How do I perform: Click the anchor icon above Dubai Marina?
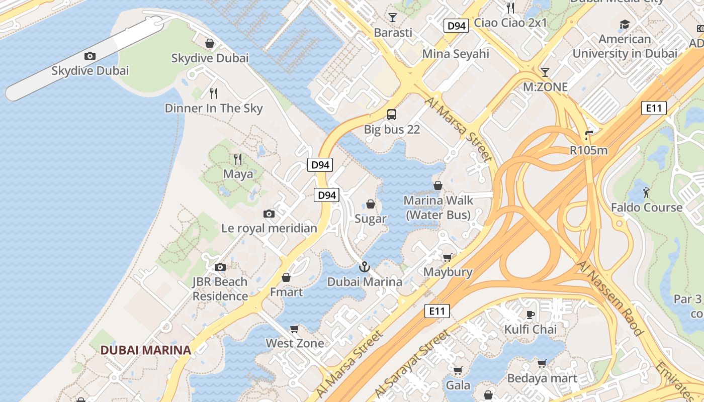pyautogui.click(x=365, y=267)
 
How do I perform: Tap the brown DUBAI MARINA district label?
pyautogui.click(x=145, y=350)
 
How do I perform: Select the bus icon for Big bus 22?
pyautogui.click(x=392, y=115)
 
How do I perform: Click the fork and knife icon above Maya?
pyautogui.click(x=238, y=159)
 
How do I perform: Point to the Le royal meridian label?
pyautogui.click(x=269, y=228)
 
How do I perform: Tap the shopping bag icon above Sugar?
pyautogui.click(x=371, y=204)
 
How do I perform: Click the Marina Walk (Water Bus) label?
pyautogui.click(x=438, y=208)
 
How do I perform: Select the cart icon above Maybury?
pyautogui.click(x=447, y=258)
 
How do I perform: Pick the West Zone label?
pyautogui.click(x=295, y=343)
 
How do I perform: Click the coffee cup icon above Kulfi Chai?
pyautogui.click(x=530, y=315)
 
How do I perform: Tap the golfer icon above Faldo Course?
pyautogui.click(x=646, y=192)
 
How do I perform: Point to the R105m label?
pyautogui.click(x=588, y=150)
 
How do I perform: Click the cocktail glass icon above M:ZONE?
pyautogui.click(x=545, y=72)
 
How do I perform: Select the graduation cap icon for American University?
pyautogui.click(x=625, y=25)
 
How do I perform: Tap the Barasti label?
pyautogui.click(x=393, y=33)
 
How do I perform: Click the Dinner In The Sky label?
pyautogui.click(x=214, y=108)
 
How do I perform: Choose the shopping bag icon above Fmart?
pyautogui.click(x=286, y=277)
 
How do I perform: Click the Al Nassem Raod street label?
pyautogui.click(x=610, y=298)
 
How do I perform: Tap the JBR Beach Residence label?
pyautogui.click(x=220, y=289)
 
